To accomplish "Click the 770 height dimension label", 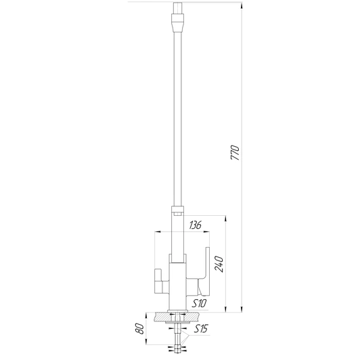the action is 235,153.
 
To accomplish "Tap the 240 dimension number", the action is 219,265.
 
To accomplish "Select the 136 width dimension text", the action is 195,225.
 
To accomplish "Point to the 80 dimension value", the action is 139,329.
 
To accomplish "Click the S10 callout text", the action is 199,304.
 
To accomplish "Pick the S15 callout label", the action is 201,329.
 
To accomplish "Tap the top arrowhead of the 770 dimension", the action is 242,5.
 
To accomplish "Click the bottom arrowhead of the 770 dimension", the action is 242,309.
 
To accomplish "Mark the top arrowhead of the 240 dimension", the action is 226,219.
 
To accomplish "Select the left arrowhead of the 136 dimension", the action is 158,231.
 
